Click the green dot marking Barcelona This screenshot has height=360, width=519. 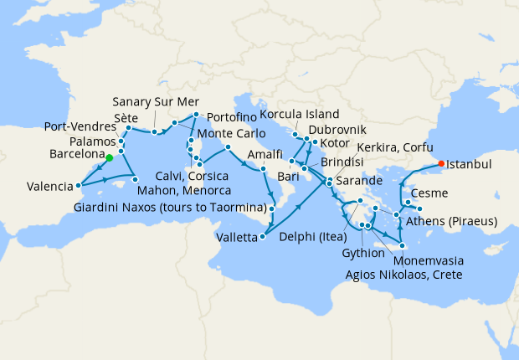click(x=110, y=157)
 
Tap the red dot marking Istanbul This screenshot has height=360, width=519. click(x=443, y=163)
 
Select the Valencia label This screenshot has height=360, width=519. click(x=48, y=186)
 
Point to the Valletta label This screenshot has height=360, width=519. click(x=237, y=238)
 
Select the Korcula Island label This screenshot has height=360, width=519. click(x=299, y=114)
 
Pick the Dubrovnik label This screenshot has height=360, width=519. click(x=337, y=131)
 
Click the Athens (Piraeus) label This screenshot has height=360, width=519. click(x=452, y=221)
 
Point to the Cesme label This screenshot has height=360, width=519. click(x=453, y=193)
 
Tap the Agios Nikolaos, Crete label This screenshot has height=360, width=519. click(x=404, y=273)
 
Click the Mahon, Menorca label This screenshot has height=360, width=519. click(x=183, y=190)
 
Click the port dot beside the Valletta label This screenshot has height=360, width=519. click(x=264, y=237)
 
